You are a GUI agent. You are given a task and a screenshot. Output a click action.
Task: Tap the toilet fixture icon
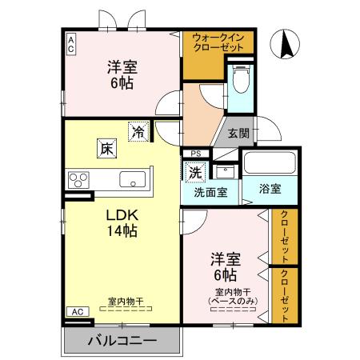click(239, 80)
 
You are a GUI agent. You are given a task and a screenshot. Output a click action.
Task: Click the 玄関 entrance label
click(238, 133)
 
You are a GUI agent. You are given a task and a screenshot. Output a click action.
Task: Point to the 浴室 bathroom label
click(270, 190)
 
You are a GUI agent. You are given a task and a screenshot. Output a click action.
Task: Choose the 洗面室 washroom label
click(210, 193)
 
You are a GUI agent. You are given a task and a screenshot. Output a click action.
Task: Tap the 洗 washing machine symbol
click(195, 171)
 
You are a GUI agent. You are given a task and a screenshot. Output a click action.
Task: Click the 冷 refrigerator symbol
click(139, 131)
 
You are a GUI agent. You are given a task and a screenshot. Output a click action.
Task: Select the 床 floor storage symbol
click(105, 147)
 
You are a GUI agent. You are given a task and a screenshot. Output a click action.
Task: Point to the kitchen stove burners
click(78, 178)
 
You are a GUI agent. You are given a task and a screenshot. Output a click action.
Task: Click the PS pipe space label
click(194, 154)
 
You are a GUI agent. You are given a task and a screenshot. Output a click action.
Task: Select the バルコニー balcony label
click(122, 342)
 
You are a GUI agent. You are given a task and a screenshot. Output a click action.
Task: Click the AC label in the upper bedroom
click(71, 44)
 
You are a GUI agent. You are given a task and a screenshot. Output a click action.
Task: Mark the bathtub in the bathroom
click(269, 163)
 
